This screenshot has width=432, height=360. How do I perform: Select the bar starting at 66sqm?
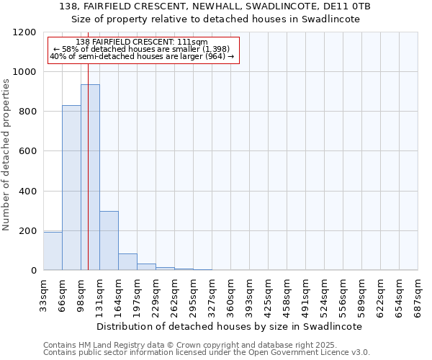[x=71, y=187]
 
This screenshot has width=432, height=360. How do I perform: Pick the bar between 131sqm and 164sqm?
[x=109, y=240]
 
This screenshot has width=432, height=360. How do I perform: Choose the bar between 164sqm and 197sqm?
[x=127, y=262]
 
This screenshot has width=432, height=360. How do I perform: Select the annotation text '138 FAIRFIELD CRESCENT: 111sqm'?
[x=141, y=42]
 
